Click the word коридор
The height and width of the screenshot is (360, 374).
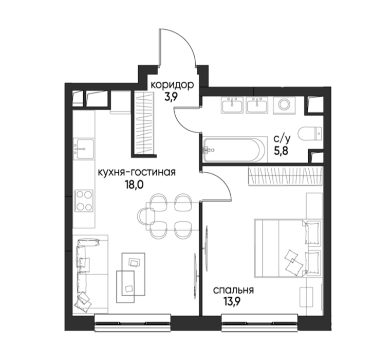(172, 85)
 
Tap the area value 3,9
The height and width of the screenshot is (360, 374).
(172, 97)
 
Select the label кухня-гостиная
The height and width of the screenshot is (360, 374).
(137, 172)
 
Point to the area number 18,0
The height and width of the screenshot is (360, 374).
(134, 185)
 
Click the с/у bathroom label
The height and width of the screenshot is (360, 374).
(282, 138)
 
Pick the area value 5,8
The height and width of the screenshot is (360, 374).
(281, 151)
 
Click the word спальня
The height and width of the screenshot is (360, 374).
(233, 291)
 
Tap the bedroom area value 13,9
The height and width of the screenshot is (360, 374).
(232, 302)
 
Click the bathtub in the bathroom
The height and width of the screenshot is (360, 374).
(234, 150)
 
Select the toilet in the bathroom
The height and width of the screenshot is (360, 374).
(310, 134)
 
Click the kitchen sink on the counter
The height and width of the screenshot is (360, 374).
(84, 149)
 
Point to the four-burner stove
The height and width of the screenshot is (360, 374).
(84, 201)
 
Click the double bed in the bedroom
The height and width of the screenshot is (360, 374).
(288, 248)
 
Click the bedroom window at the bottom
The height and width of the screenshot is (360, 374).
(260, 322)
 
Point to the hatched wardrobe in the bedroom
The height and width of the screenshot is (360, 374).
(285, 176)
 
